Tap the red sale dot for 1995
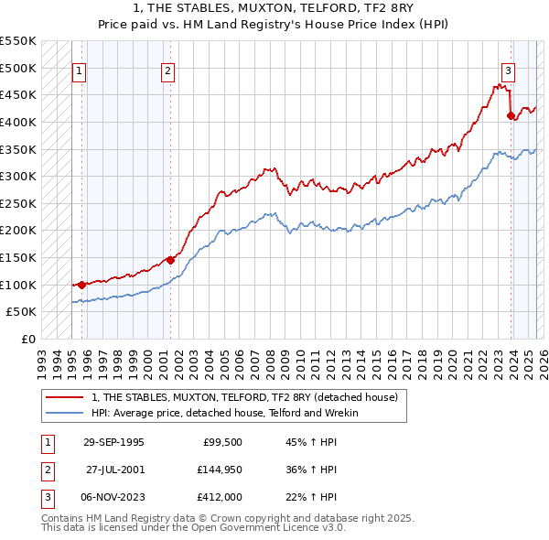click(82, 285)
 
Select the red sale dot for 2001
click(170, 260)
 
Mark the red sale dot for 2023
click(511, 115)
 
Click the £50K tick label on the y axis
click(21, 312)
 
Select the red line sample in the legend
click(65, 398)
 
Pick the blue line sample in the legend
click(65, 413)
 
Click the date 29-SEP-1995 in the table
click(113, 442)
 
